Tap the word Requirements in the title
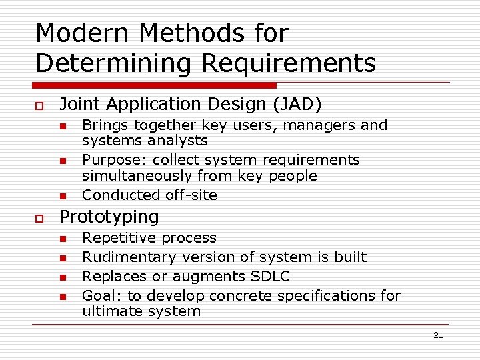coord(288,63)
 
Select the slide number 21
coord(437,335)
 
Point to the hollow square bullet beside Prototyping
coord(40,218)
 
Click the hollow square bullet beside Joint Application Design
coord(40,105)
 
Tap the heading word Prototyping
coord(110,217)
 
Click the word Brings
coord(105,125)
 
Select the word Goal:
coord(100,295)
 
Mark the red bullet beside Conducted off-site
coord(62,196)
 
